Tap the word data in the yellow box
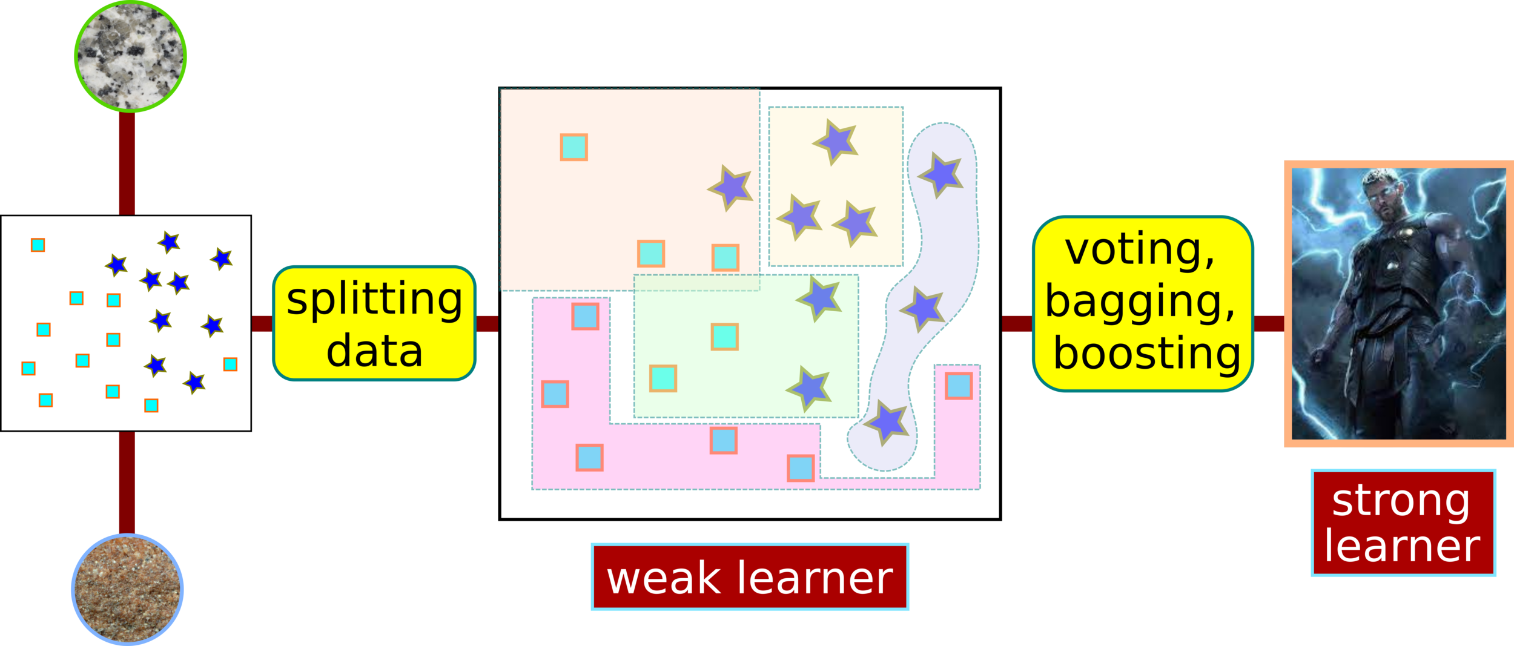tap(374, 351)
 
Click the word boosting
tap(1146, 353)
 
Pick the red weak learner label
tap(750, 577)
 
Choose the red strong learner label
tap(1403, 523)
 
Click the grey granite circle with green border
tap(130, 56)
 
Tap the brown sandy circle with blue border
tap(128, 589)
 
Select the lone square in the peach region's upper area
tap(574, 147)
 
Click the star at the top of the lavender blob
tap(940, 174)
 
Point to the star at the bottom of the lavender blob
tap(887, 422)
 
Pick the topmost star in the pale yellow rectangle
tap(836, 142)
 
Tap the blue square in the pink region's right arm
tap(959, 386)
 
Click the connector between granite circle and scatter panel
tap(127, 163)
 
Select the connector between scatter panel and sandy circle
tap(127, 482)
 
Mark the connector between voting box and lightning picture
tap(1269, 323)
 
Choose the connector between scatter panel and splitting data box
tap(261, 324)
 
